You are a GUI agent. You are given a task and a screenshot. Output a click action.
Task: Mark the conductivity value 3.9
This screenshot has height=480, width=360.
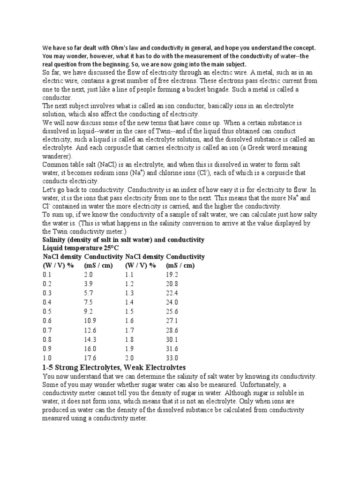click(88, 284)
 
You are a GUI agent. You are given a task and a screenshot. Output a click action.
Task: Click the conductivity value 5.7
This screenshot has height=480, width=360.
click(88, 293)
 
